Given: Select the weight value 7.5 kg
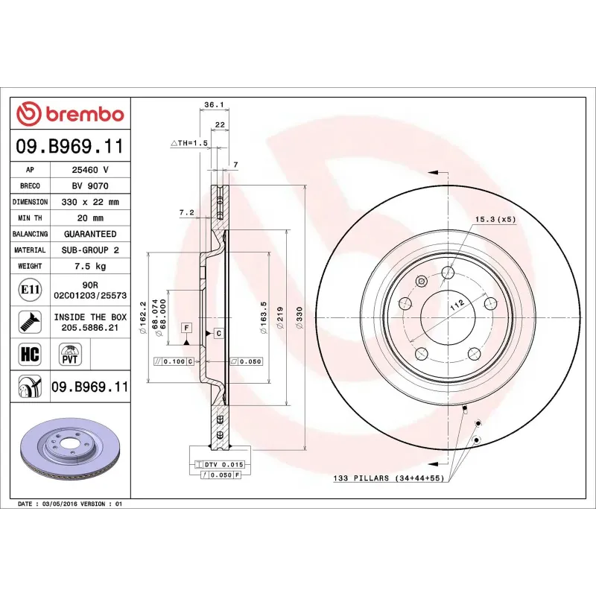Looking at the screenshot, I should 90,266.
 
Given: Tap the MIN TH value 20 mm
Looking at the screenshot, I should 90,218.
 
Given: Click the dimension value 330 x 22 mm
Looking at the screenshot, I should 90,202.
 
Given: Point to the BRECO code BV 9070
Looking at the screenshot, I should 90,186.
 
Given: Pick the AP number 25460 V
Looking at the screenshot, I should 90,170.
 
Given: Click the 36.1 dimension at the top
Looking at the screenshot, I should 214,106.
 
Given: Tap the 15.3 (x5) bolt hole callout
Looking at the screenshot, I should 495,219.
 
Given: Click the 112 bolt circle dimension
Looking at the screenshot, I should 457,302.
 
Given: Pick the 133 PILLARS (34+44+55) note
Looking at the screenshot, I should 388,478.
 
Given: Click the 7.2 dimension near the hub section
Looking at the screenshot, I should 186,212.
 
